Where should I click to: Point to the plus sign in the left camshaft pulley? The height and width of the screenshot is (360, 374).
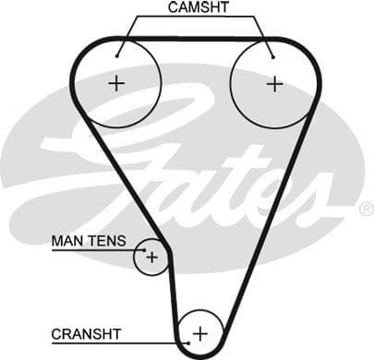click(x=116, y=83)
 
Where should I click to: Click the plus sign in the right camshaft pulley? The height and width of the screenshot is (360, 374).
click(x=274, y=83)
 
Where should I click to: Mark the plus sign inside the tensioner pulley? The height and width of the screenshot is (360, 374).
click(x=151, y=257)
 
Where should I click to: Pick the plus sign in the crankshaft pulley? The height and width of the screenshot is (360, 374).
click(x=200, y=332)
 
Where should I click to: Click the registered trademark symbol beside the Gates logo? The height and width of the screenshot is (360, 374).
click(x=366, y=209)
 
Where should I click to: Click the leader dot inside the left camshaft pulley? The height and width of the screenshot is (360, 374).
click(x=117, y=55)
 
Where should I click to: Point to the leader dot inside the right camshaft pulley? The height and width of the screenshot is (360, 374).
click(x=273, y=55)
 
